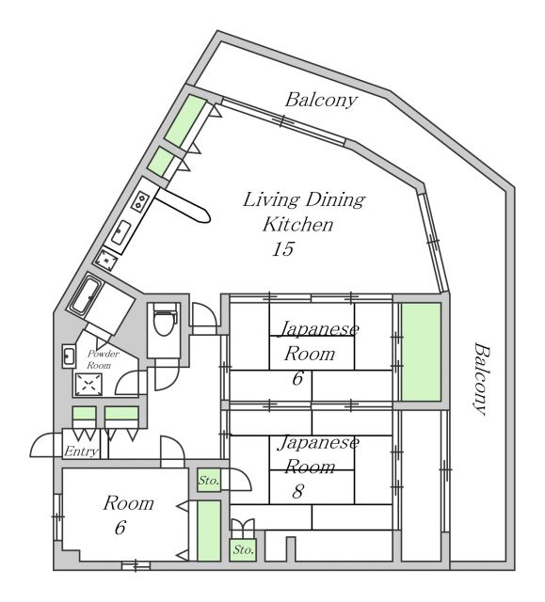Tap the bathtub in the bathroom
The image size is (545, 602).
[86, 294]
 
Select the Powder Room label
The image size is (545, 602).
[102, 359]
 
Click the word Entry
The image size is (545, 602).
[81, 451]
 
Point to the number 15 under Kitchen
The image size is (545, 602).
[283, 248]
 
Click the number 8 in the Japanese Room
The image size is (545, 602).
[298, 491]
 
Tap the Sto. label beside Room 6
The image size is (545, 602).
[209, 480]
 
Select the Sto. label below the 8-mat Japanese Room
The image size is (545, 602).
[243, 549]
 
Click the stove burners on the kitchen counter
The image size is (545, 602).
[140, 200]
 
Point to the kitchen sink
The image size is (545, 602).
[121, 232]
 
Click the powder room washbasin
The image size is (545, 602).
[69, 356]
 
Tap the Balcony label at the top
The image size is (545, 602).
[321, 101]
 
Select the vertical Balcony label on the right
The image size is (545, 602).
[481, 379]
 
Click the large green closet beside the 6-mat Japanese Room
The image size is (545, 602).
[421, 352]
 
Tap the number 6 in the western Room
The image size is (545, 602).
[120, 528]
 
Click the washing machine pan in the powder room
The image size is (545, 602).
[88, 384]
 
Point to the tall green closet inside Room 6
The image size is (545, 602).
[209, 531]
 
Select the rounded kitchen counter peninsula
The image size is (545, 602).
[184, 205]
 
